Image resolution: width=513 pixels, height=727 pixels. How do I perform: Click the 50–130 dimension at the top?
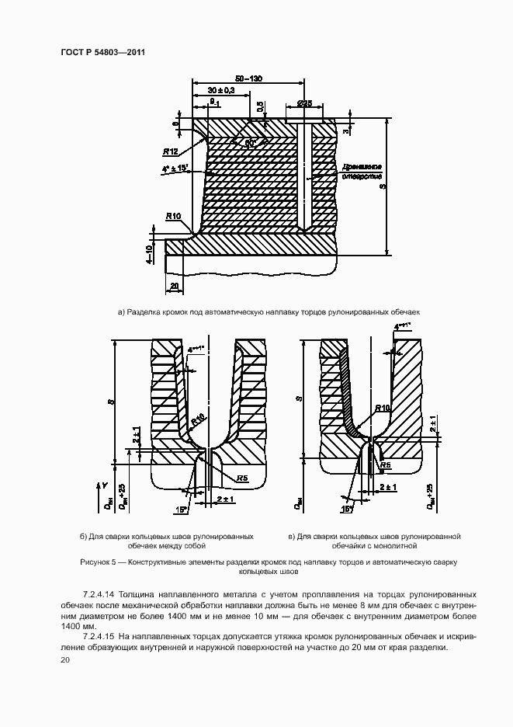248,78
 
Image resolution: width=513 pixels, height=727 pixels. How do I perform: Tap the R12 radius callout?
172,151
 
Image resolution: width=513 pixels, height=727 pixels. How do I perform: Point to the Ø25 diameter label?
304,103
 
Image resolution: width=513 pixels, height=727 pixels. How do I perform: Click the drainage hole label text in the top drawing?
358,171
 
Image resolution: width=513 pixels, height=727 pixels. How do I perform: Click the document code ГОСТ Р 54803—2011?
103,53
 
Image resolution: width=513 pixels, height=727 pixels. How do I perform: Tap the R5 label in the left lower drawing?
242,478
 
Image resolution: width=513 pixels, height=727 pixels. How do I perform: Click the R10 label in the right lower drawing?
382,409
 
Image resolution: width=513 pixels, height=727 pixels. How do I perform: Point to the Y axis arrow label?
104,485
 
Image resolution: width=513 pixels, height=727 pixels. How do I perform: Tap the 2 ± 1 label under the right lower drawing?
389,487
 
